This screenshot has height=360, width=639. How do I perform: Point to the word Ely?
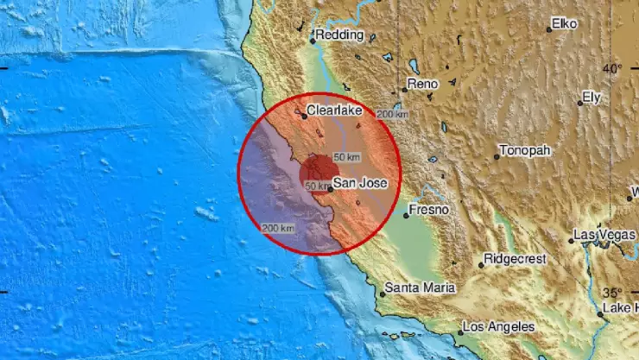click(x=592, y=98)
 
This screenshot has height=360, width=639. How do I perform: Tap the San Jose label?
click(x=354, y=182)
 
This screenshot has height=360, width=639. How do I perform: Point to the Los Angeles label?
click(x=499, y=327)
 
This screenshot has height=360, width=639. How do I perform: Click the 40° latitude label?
click(x=611, y=68)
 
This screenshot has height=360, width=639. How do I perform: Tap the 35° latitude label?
click(x=611, y=292)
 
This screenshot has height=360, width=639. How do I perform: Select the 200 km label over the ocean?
click(x=278, y=227)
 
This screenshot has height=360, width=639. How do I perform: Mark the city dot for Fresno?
click(x=406, y=215)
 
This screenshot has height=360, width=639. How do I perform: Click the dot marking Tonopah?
click(x=497, y=157)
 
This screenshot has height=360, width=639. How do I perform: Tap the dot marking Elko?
click(x=548, y=29)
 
